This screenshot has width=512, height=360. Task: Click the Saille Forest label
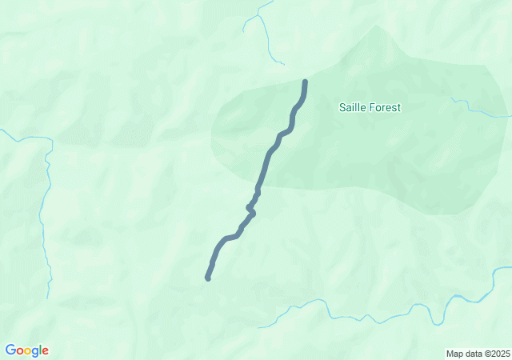(370, 107)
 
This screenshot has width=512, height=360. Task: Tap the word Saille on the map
(354, 107)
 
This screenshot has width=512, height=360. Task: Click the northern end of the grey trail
(305, 82)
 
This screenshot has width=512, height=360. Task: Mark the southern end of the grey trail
(208, 278)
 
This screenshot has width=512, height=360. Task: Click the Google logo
(26, 350)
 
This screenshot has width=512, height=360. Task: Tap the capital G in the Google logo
(10, 350)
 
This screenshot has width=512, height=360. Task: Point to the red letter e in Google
(46, 351)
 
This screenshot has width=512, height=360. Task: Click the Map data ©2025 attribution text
(478, 354)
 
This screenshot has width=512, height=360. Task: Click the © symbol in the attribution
(484, 354)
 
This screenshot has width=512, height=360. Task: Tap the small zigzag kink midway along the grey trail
(251, 209)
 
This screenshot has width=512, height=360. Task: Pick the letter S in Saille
(342, 107)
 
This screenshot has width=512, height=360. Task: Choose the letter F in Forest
(373, 107)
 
